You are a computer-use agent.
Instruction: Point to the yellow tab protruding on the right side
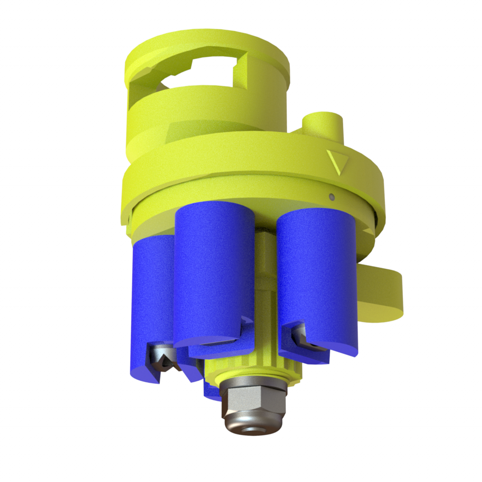click(381, 292)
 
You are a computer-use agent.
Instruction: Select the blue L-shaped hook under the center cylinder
click(221, 346)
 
